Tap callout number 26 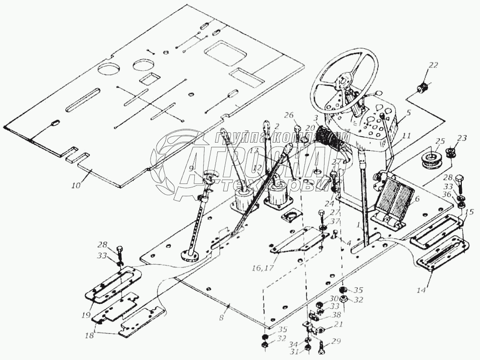coord(289,116)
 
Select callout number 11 coord(406,134)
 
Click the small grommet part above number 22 coord(421,90)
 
